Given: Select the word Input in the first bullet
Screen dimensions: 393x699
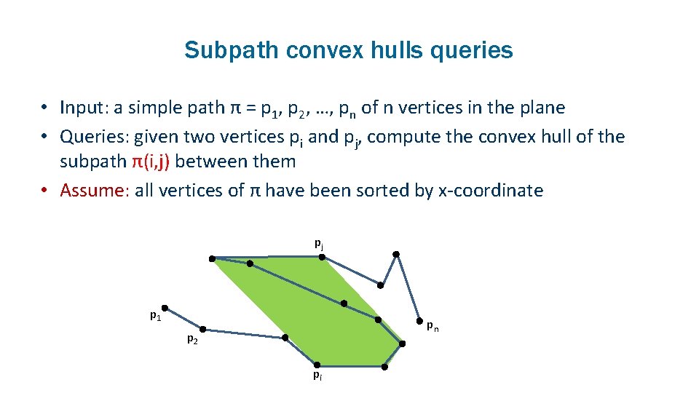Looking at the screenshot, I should click(x=82, y=108).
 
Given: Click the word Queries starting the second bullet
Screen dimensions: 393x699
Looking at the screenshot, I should click(x=92, y=136).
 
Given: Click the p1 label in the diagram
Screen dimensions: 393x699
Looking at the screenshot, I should click(x=155, y=315).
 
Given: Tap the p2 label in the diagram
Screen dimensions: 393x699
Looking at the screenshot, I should click(x=191, y=338).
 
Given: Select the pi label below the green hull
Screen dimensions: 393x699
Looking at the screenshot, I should click(x=318, y=376).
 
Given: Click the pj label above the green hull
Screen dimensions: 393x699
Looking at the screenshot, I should click(x=319, y=243).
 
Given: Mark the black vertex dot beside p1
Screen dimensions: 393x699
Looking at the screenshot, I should click(x=165, y=308).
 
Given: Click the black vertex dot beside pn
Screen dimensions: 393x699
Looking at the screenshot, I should click(x=419, y=320).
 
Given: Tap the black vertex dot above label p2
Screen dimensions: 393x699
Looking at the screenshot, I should click(x=202, y=329).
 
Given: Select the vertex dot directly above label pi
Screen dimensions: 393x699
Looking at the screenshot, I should click(x=316, y=365).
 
